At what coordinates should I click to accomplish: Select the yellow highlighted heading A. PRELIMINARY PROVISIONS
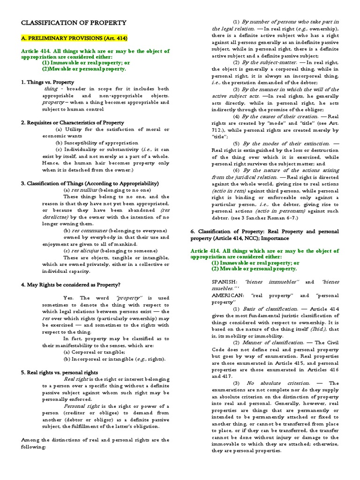[x=74, y=38]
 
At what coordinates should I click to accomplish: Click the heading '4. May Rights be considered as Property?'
[x=70, y=285]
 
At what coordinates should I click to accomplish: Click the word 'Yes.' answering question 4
[x=69, y=298]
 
